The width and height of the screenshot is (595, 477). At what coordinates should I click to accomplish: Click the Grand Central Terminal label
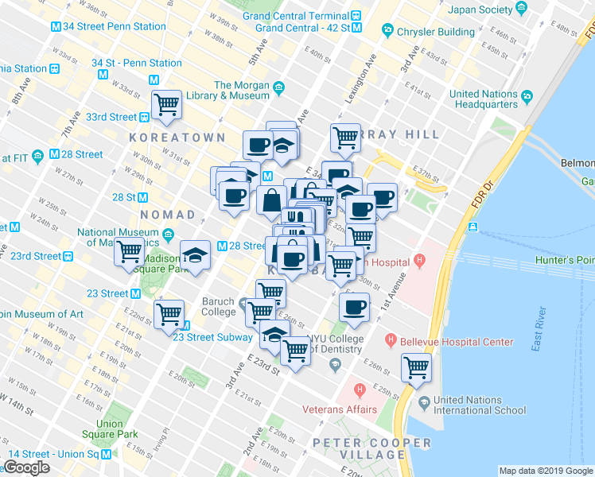tap(296, 15)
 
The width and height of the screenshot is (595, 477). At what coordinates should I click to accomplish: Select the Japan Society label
tap(480, 10)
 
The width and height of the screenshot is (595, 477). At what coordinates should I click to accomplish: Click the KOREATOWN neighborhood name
tap(177, 138)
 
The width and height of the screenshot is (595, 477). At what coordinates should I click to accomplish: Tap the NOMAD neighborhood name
tap(167, 215)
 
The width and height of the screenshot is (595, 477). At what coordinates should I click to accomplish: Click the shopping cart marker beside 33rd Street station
tap(167, 104)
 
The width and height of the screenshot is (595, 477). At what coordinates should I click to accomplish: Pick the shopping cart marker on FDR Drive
tap(416, 367)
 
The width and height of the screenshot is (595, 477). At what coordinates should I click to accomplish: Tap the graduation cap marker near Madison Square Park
tap(195, 254)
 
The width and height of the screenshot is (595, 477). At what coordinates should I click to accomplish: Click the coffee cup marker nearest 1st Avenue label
tap(354, 307)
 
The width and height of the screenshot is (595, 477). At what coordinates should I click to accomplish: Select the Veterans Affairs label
tap(339, 410)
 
